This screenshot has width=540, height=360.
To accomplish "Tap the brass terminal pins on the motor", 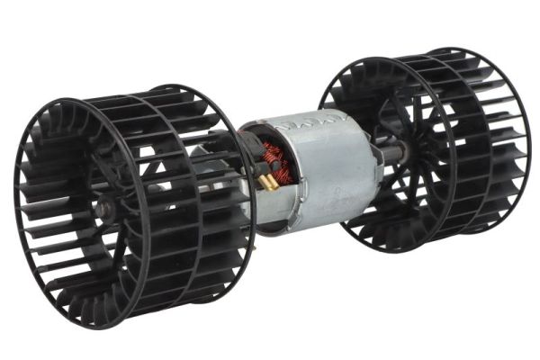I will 267,183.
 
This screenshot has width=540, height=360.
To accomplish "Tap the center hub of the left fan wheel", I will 106,211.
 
